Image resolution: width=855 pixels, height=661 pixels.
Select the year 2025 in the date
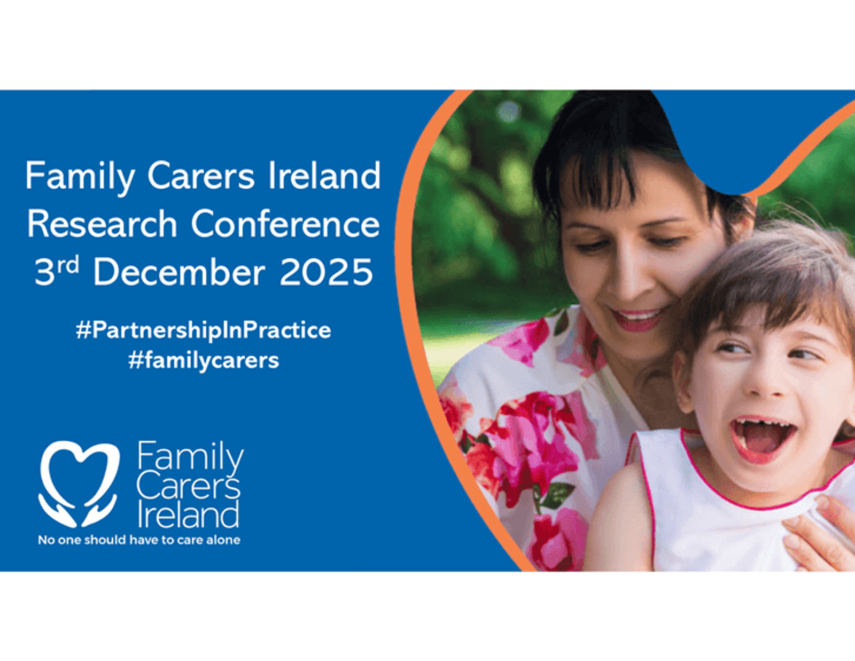(x=326, y=272)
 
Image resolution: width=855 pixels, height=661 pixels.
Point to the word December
(x=179, y=272)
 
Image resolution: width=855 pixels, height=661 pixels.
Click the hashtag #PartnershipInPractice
(x=204, y=330)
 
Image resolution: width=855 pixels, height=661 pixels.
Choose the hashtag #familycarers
(x=204, y=360)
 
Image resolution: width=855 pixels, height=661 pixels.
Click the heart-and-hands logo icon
(x=79, y=484)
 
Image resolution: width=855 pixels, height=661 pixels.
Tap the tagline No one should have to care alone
(x=139, y=540)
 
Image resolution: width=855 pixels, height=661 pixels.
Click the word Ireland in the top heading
(x=324, y=175)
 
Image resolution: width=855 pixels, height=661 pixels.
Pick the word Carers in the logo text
(x=188, y=487)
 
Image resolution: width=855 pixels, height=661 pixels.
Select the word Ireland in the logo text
(x=188, y=514)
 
